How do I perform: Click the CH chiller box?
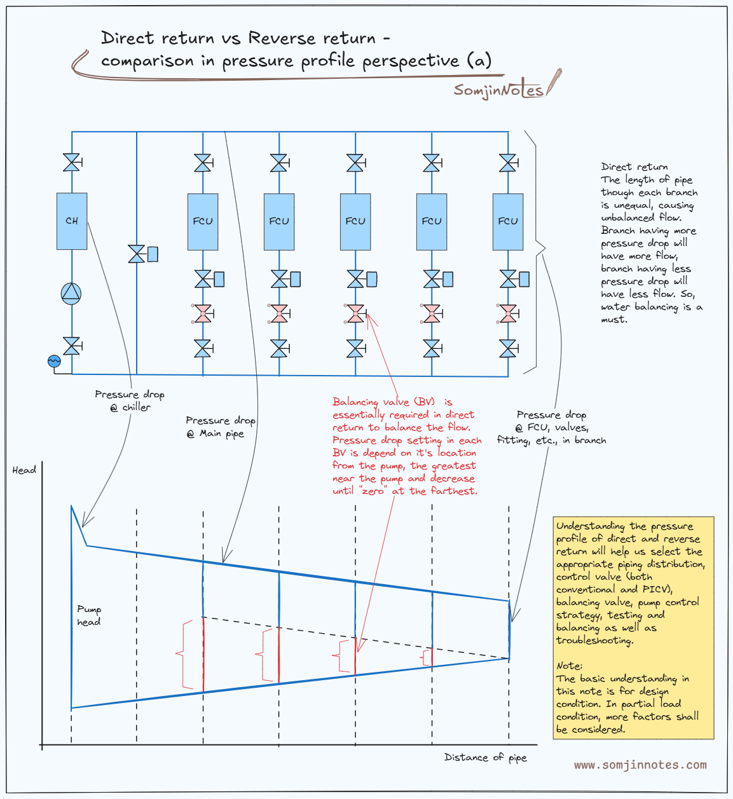[x=72, y=221]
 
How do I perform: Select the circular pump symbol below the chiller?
[x=71, y=293]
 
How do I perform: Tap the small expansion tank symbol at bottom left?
[x=54, y=361]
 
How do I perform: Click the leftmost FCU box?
[x=203, y=221]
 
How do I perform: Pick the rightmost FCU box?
[x=508, y=221]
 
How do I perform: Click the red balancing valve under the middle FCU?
[x=356, y=313]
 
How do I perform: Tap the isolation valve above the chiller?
[x=72, y=163]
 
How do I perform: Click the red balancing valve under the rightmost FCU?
[x=508, y=313]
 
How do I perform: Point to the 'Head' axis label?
[x=24, y=470]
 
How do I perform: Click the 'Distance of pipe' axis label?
[x=485, y=757]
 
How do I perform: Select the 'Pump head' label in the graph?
[x=89, y=615]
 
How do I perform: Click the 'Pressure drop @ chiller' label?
[x=130, y=400]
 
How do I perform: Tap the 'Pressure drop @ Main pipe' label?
[x=220, y=427]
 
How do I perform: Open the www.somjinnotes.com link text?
[x=640, y=765]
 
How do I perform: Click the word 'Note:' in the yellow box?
[x=569, y=666]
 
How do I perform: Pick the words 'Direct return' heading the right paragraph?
[x=634, y=167]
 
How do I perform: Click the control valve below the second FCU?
[x=280, y=279]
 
